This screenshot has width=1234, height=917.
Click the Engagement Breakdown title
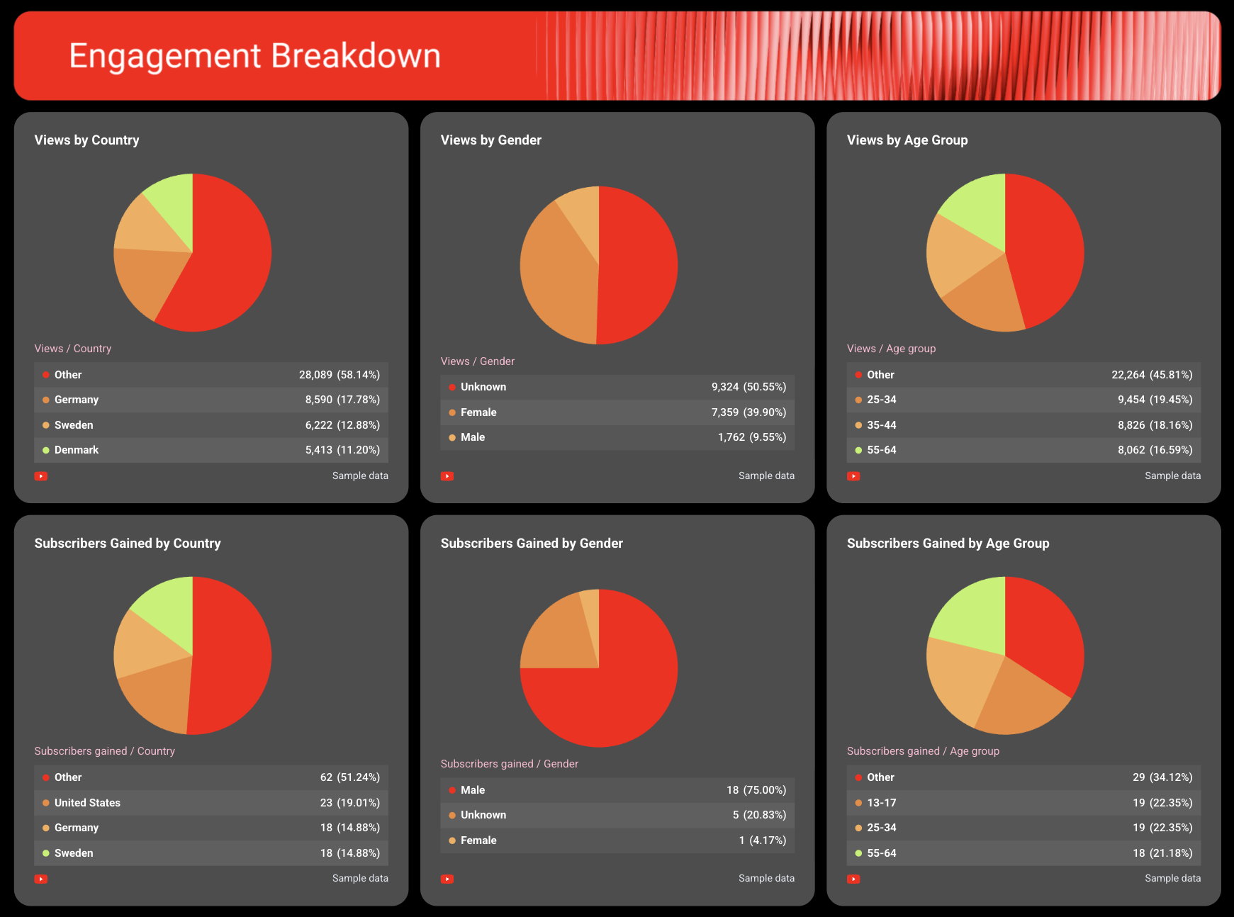[254, 56]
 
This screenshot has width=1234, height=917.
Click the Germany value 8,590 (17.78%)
[342, 400]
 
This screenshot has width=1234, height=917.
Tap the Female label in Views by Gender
[478, 412]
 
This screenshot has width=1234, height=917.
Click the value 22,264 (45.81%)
[1152, 375]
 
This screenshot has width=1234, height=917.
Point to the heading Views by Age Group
[907, 140]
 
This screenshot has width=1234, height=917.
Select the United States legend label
[87, 803]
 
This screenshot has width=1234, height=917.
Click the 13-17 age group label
[881, 803]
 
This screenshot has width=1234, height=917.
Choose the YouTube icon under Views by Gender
[447, 476]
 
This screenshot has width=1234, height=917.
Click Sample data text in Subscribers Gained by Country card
[360, 878]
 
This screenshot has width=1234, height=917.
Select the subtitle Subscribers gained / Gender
[509, 764]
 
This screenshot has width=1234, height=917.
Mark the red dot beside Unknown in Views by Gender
[452, 387]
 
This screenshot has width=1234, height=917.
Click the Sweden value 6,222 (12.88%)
[342, 425]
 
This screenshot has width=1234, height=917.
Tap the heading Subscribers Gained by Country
[128, 544]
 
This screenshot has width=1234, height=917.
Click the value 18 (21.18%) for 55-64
[1162, 853]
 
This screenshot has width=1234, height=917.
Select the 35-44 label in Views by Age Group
[881, 425]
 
